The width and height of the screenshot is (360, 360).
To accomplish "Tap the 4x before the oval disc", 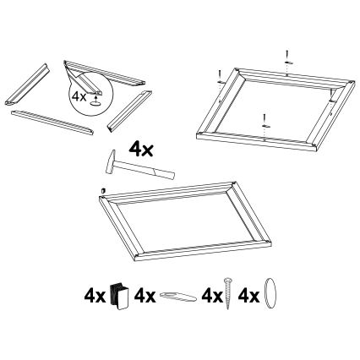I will click(x=249, y=297).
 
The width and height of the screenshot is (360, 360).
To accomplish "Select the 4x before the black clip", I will click(x=94, y=297).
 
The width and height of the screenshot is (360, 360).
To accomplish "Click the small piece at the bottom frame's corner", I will click(x=102, y=191).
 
